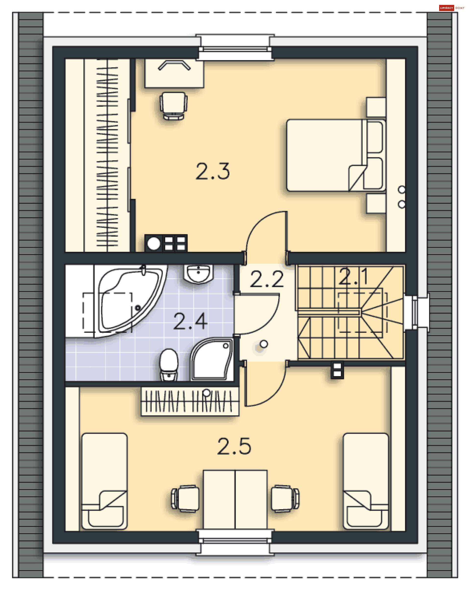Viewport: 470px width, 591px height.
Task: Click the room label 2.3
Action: click(x=212, y=172)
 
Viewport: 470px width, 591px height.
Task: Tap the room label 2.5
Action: click(x=234, y=447)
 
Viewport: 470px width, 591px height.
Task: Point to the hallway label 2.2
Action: click(x=267, y=279)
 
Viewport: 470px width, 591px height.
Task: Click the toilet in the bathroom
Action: click(x=169, y=365)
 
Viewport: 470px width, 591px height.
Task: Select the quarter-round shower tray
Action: click(x=212, y=359)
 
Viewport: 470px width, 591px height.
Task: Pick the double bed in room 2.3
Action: click(x=336, y=155)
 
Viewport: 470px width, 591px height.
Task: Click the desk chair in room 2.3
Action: click(x=173, y=106)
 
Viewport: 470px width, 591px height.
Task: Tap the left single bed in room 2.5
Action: click(x=105, y=482)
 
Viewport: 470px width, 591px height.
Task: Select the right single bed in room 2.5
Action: click(x=366, y=482)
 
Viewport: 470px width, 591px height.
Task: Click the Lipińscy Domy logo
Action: click(x=452, y=8)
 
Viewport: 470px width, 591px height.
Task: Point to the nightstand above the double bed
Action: click(x=376, y=107)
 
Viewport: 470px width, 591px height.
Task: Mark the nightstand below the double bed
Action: click(x=376, y=203)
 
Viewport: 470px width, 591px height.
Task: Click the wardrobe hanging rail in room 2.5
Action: click(x=190, y=401)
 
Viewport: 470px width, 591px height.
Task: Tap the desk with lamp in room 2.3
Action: click(x=174, y=73)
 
